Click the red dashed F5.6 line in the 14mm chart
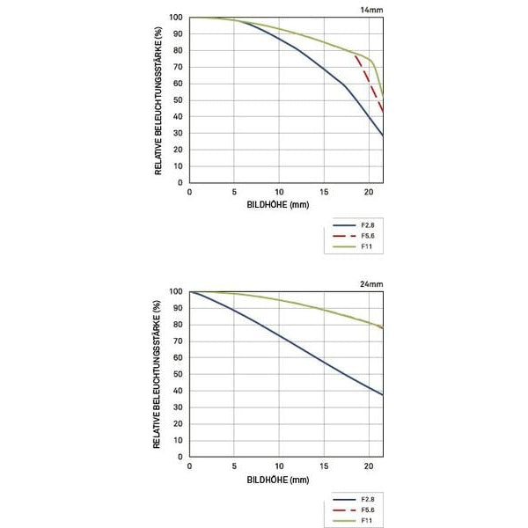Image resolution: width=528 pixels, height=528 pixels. coord(368,80)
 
